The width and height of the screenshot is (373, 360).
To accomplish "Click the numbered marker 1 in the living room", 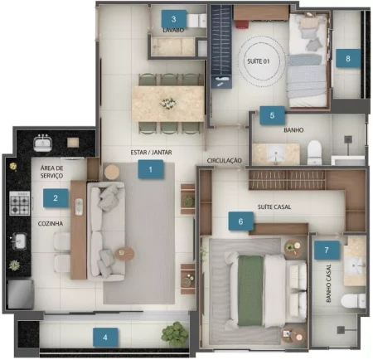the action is (150, 169).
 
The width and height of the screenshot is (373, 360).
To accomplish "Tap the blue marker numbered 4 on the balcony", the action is (105, 337).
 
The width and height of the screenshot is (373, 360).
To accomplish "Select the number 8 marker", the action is (348, 58).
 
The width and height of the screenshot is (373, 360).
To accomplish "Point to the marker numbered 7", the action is (327, 250).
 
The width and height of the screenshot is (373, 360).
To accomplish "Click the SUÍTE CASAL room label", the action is (274, 207).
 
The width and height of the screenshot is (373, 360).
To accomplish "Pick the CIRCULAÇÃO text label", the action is (225, 160).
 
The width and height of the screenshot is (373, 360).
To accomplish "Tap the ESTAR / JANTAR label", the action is (151, 153).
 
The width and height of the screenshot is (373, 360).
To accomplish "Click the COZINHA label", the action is (51, 223).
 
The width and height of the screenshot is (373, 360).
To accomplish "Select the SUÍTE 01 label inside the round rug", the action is (259, 61).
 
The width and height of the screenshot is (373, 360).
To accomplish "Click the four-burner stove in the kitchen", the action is (20, 203).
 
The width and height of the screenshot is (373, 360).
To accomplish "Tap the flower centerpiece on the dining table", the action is (167, 104).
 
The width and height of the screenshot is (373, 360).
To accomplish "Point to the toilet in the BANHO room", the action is (314, 153).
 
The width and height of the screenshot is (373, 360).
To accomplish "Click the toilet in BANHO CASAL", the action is (353, 301).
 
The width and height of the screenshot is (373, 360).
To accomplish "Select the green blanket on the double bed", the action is (250, 290).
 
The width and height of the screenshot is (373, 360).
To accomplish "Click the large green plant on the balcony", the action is (175, 334).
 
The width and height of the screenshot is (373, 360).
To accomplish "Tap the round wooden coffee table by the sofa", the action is (124, 253).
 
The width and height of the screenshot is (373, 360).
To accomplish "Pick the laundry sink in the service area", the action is (42, 144).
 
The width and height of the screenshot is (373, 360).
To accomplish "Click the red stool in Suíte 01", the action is (242, 24).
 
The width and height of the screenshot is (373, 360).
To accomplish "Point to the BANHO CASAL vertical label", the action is (328, 283).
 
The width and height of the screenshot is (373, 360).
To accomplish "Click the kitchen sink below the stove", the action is (19, 241).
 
